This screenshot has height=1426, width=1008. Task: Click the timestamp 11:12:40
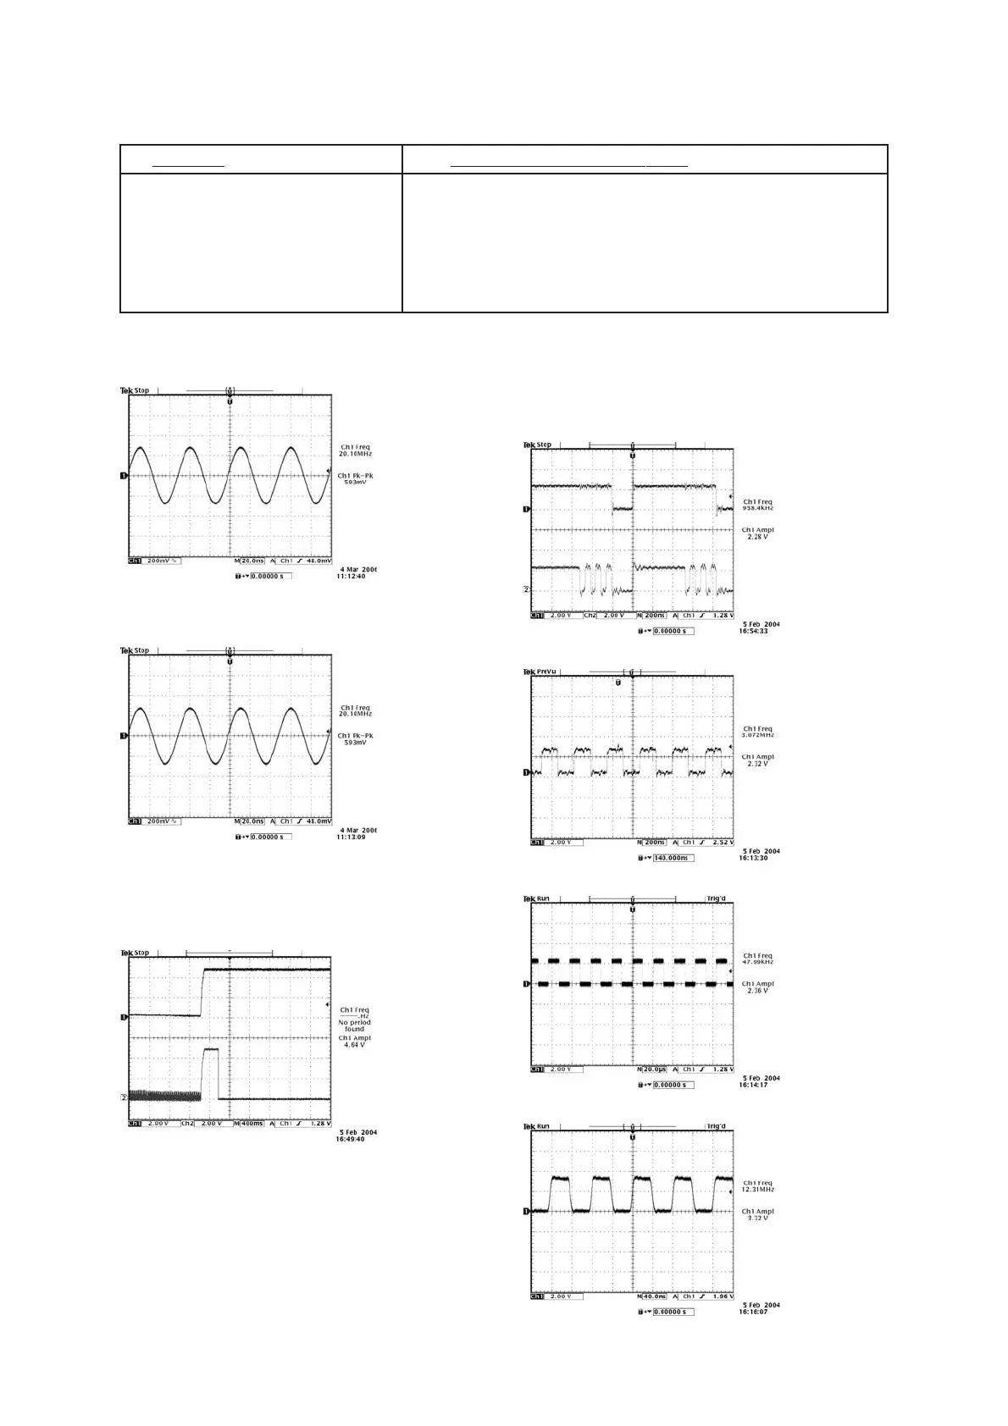coord(353,576)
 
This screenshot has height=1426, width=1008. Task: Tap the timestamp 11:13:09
coord(353,837)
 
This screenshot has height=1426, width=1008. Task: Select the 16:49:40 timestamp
coord(351,1139)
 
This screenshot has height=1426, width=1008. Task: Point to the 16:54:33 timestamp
coord(753,631)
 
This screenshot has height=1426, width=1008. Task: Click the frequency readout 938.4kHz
coord(757,508)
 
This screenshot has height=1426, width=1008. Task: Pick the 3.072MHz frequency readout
coord(757,735)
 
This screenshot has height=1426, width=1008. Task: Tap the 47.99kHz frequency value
coord(757,962)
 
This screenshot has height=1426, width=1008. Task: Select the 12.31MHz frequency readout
coord(757,1190)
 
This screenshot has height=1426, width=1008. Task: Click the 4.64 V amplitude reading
coord(355,1045)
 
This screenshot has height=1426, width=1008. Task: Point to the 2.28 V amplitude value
coord(757,537)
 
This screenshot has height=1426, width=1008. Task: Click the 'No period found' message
coord(355,1025)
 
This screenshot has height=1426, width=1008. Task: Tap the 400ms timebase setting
coord(250,1124)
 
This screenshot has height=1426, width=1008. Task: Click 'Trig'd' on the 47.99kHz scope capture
coord(716,898)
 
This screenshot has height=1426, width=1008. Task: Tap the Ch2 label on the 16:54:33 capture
coord(590,616)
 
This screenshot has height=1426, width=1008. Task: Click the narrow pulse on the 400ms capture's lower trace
coord(211,1072)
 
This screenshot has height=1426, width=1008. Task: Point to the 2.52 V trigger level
coord(722,843)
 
